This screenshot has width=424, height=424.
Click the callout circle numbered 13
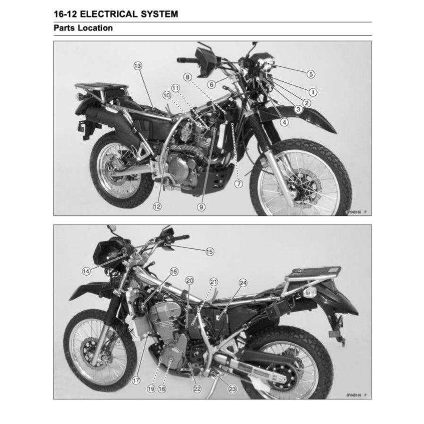tap(138, 66)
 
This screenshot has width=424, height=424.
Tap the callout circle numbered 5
tap(311, 74)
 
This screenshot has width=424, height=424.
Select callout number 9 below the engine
tap(201, 206)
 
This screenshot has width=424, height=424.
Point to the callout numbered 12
tap(157, 206)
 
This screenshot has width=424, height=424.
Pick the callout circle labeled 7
tap(239, 184)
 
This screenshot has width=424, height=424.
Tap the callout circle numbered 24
tap(243, 283)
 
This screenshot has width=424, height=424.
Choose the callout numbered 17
tap(135, 380)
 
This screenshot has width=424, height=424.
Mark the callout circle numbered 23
tap(232, 388)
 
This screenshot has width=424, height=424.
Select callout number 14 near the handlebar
tap(86, 271)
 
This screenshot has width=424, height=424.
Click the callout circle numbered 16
tap(173, 272)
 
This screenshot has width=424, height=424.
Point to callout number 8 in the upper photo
tap(187, 77)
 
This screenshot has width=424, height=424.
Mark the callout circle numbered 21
tap(214, 282)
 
